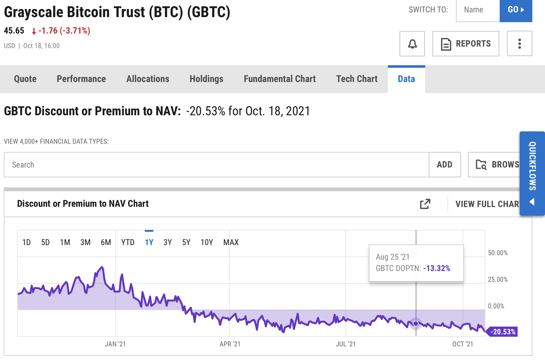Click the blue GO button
point(516,10)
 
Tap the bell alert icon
point(412,44)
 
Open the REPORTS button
point(465,44)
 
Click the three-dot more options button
point(519,44)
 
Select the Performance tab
point(81,79)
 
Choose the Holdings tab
point(206,79)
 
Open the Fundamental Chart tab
point(279,79)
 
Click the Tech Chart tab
point(357,79)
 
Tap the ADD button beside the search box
point(445,165)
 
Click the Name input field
point(478,10)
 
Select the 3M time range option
point(85,243)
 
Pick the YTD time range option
point(128,243)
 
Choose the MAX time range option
point(231,243)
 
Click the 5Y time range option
point(186,243)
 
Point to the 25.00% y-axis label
point(498,280)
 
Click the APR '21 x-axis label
point(230,344)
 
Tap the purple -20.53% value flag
point(503,332)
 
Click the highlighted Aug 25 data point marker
point(416,324)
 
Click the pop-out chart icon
point(425,204)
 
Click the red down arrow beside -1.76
point(34,31)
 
